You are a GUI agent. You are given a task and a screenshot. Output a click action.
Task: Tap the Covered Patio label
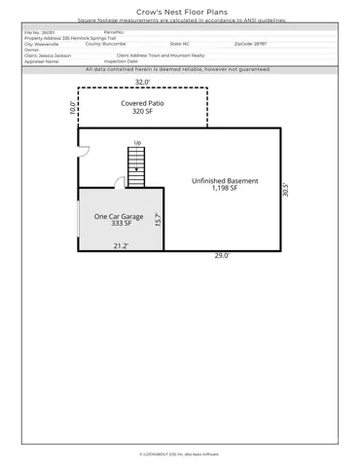pyautogui.click(x=142, y=103)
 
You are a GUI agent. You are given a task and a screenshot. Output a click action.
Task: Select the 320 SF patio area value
pyautogui.click(x=142, y=112)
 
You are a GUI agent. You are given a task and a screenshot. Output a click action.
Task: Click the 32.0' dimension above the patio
pyautogui.click(x=142, y=83)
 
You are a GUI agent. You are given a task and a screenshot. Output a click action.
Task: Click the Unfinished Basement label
pyautogui.click(x=225, y=181)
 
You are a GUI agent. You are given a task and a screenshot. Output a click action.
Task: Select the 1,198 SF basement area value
pyautogui.click(x=225, y=190)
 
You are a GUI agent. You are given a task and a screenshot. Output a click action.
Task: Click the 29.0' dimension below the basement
pyautogui.click(x=222, y=256)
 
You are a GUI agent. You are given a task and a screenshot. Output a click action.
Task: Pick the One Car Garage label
pyautogui.click(x=119, y=216)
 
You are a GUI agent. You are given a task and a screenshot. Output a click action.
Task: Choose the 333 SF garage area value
pyautogui.click(x=119, y=225)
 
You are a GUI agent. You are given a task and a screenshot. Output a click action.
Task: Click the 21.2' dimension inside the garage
pyautogui.click(x=122, y=246)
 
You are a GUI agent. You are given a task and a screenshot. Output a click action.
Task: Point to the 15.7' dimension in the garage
pyautogui.click(x=158, y=220)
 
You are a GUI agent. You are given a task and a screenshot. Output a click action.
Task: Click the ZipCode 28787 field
pyautogui.click(x=250, y=44)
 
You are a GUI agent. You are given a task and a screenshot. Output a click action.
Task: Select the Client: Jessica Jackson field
pyautogui.click(x=48, y=55)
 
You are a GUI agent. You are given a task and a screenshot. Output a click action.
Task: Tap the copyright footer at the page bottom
pyautogui.click(x=180, y=453)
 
